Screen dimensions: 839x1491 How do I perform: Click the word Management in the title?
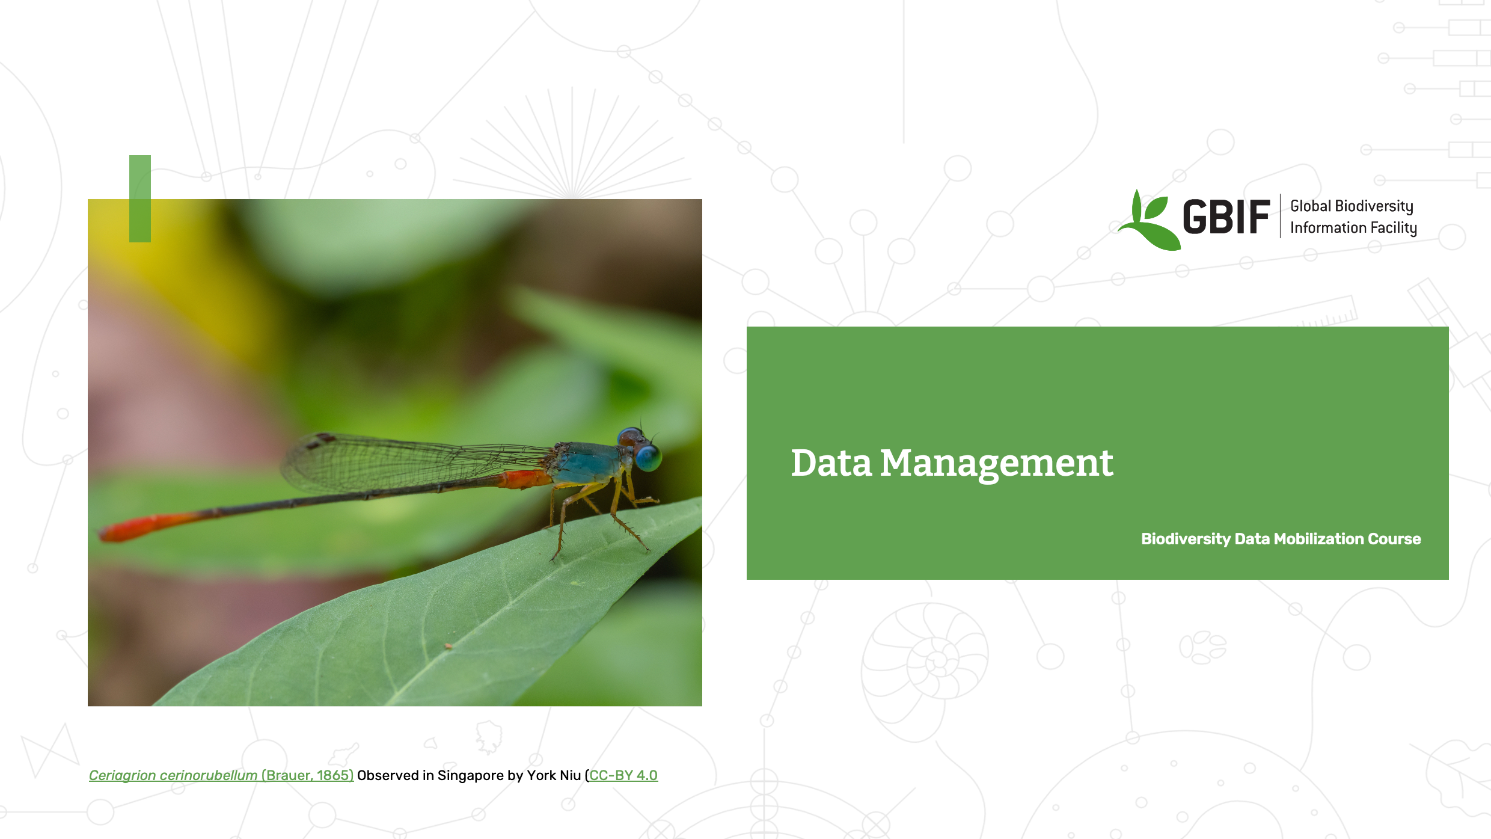point(996,464)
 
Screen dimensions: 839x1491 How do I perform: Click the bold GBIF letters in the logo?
point(1226,217)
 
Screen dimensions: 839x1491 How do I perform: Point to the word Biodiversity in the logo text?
point(1373,206)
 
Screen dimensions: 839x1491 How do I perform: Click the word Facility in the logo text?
point(1394,228)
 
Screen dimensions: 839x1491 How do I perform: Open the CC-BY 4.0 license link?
point(623,775)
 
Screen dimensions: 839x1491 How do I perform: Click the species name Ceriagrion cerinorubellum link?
point(173,775)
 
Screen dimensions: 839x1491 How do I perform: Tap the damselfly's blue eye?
point(648,458)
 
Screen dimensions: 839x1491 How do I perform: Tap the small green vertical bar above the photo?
point(140,198)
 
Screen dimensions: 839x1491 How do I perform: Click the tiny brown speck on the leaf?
point(448,647)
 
